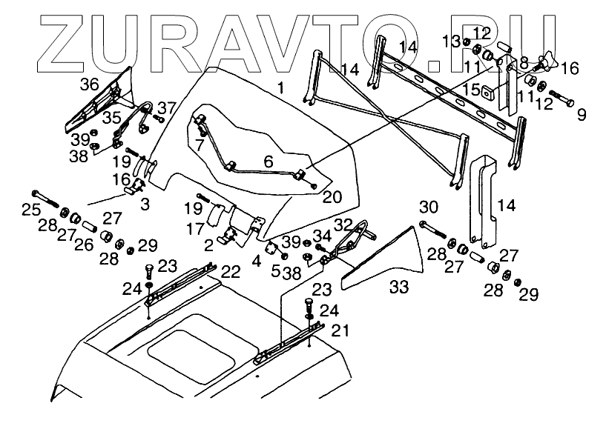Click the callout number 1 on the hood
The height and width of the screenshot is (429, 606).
tap(280, 88)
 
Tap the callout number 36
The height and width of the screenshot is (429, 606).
tap(90, 84)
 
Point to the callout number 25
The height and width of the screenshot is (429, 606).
tap(30, 210)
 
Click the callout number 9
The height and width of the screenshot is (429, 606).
tap(581, 115)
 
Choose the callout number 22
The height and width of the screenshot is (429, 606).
tap(230, 272)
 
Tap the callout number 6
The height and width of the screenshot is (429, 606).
tap(269, 159)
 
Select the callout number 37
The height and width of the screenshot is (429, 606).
tap(166, 107)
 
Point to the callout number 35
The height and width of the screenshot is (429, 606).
tap(112, 117)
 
